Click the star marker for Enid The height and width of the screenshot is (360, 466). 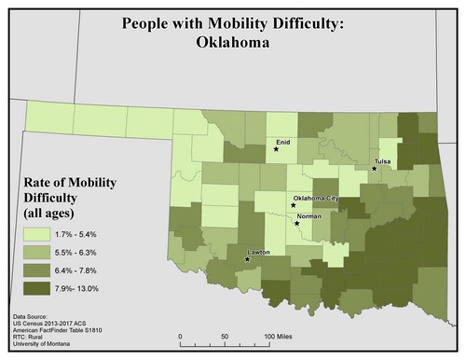(276, 148)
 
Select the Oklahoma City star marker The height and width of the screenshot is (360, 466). (293, 205)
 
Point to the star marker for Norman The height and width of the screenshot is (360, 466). (296, 224)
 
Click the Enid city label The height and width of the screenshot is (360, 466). (283, 141)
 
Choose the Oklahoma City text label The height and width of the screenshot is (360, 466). (316, 200)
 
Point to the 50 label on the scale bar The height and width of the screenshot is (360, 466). (225, 335)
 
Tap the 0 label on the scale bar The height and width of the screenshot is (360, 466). (179, 335)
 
